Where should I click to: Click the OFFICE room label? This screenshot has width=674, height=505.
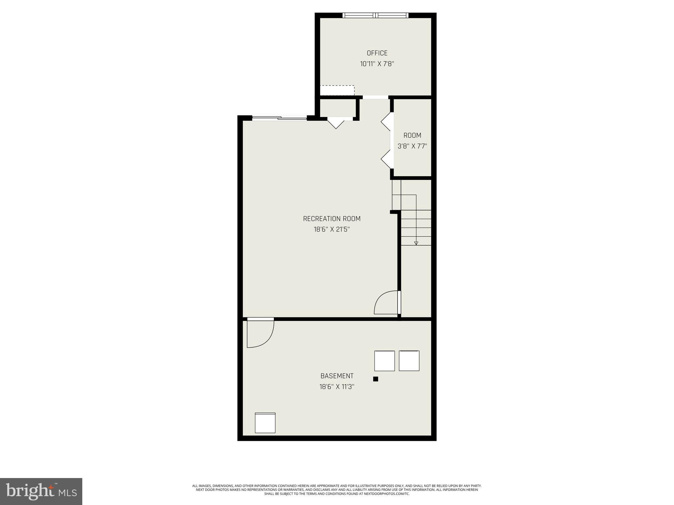(x=377, y=53)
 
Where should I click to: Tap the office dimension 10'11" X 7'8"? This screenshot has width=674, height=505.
(x=377, y=64)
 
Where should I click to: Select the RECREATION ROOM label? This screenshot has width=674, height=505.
(x=331, y=219)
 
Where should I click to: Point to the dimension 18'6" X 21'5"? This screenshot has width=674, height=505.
(x=331, y=229)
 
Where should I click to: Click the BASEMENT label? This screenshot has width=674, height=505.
(x=337, y=376)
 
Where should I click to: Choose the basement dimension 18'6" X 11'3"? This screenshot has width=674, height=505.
(x=337, y=387)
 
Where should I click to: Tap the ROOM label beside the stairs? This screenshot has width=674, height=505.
(x=412, y=135)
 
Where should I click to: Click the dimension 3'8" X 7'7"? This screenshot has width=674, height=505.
(x=412, y=146)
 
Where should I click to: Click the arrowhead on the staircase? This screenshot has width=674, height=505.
(x=416, y=243)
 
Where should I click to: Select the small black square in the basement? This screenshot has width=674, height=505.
(x=376, y=379)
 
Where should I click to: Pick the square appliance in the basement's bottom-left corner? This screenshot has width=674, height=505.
(x=265, y=423)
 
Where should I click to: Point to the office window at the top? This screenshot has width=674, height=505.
(x=375, y=15)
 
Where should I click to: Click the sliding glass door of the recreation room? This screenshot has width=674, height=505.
(x=279, y=118)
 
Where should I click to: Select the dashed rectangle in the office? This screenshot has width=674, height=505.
(x=337, y=90)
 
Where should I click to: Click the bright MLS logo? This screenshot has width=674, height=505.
(x=41, y=491)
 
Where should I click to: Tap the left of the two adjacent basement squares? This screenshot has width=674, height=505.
(x=384, y=361)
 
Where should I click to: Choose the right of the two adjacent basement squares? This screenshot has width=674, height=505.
(x=409, y=361)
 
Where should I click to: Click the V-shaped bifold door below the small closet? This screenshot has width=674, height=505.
(x=336, y=123)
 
